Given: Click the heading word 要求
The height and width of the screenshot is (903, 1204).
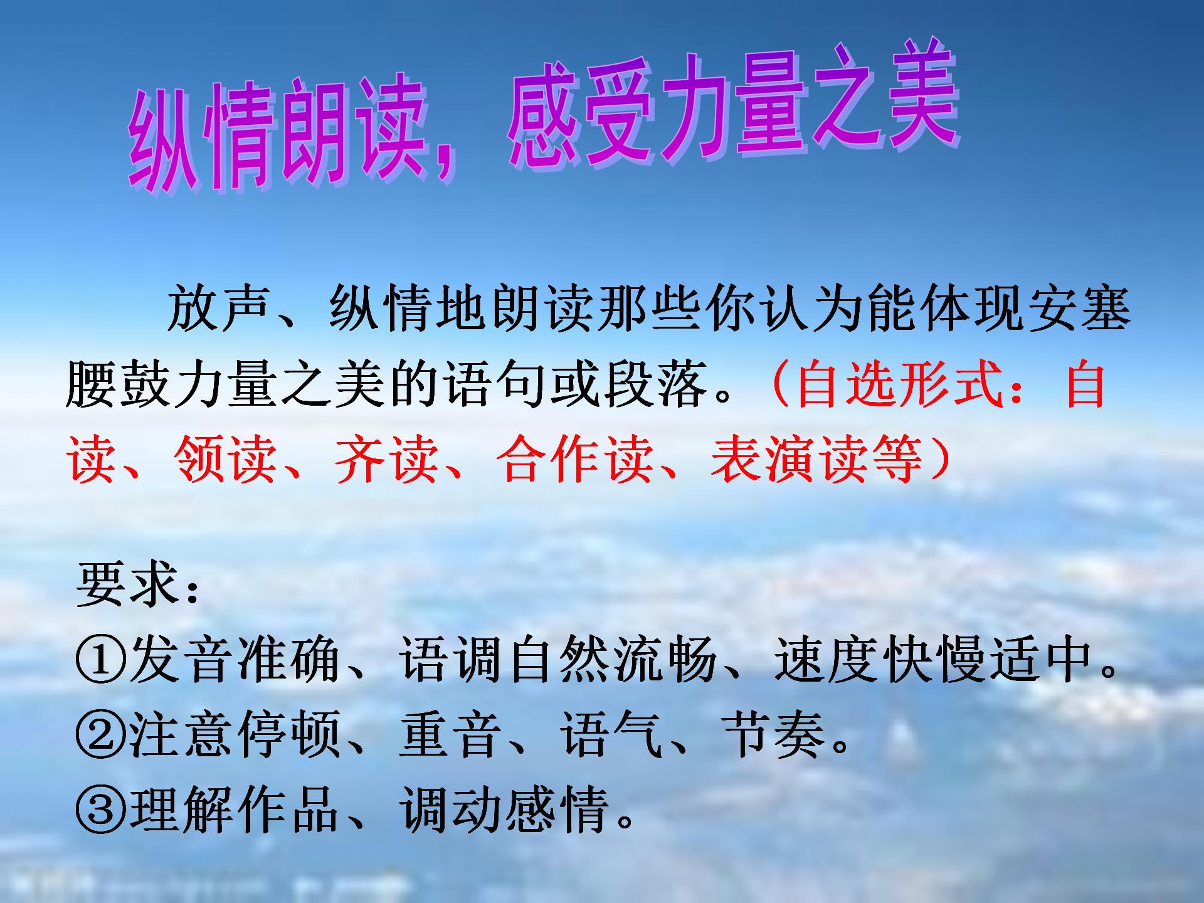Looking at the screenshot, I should (129, 584).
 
